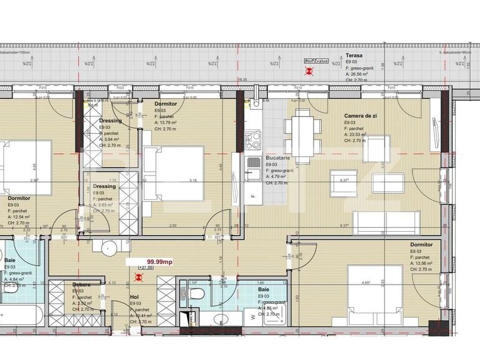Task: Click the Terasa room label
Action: click(355, 55)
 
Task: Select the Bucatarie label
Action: click(277, 159)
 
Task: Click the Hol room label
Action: click(134, 297)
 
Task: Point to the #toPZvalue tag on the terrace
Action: click(316, 60)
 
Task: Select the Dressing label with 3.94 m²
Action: click(110, 121)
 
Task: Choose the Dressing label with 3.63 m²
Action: click(104, 186)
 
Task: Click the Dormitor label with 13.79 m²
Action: click(165, 103)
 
